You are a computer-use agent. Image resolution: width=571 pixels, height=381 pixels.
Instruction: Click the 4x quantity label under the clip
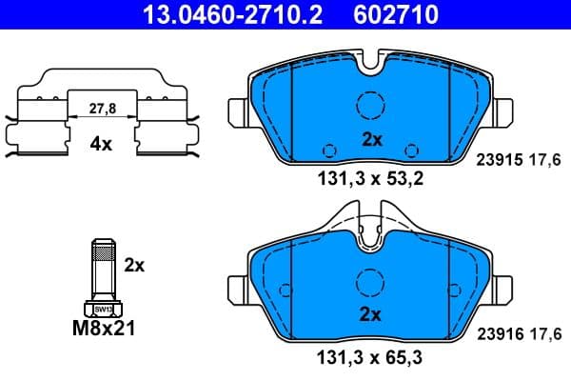coord(101,146)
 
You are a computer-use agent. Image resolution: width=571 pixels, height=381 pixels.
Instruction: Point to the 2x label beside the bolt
coord(134,266)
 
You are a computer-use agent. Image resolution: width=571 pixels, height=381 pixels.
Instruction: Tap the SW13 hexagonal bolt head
coord(102,308)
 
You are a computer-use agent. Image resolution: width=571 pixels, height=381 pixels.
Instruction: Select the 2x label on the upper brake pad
coord(371,139)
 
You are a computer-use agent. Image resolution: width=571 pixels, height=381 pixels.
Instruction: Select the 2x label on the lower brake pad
coord(371,314)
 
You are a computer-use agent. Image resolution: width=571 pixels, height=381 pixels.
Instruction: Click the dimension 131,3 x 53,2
coord(370,177)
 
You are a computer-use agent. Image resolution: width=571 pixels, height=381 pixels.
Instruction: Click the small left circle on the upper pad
coord(329,149)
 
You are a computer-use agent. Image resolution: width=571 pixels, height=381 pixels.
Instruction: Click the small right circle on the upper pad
coord(412,149)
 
